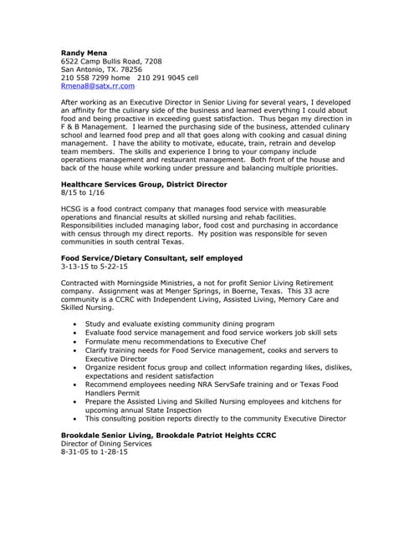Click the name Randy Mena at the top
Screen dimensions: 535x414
click(84, 52)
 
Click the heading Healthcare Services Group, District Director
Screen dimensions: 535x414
click(144, 183)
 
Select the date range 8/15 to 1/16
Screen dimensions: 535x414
click(82, 191)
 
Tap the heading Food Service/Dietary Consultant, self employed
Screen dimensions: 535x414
click(152, 258)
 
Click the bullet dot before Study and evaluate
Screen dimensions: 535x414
click(75, 323)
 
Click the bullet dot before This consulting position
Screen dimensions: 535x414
click(75, 419)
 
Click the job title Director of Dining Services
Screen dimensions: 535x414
click(106, 443)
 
